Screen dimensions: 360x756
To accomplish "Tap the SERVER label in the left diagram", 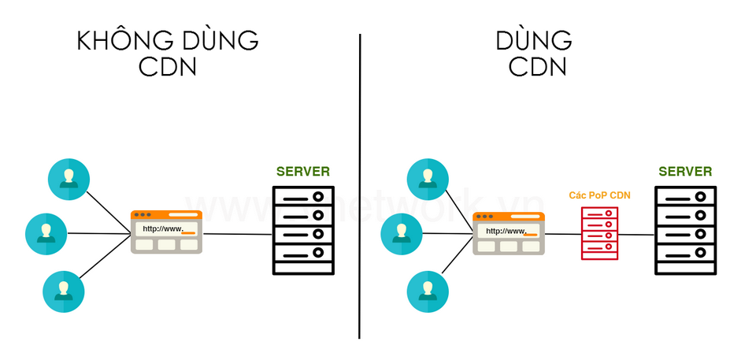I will coord(303,172).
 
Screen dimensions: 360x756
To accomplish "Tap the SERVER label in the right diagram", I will coord(685,172).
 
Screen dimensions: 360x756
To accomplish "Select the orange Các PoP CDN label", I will coord(600,195).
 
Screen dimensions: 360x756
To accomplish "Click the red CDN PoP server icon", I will coord(600,233).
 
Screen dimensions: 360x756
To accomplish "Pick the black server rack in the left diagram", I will coord(303,230).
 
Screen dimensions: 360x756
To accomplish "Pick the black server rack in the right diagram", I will coord(685,230).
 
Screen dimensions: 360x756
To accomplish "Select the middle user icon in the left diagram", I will coord(46,233).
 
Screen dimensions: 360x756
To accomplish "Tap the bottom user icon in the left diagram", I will coord(64,291).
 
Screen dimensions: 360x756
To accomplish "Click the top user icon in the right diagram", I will coord(428,179).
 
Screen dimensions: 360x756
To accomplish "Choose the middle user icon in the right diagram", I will coord(402,233).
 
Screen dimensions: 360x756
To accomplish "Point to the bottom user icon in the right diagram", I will coord(428,291).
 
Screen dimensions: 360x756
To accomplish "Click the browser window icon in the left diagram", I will coord(166,232).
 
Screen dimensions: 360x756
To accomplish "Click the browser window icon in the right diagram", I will coord(509,233).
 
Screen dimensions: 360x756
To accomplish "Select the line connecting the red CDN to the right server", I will coord(636,234).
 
